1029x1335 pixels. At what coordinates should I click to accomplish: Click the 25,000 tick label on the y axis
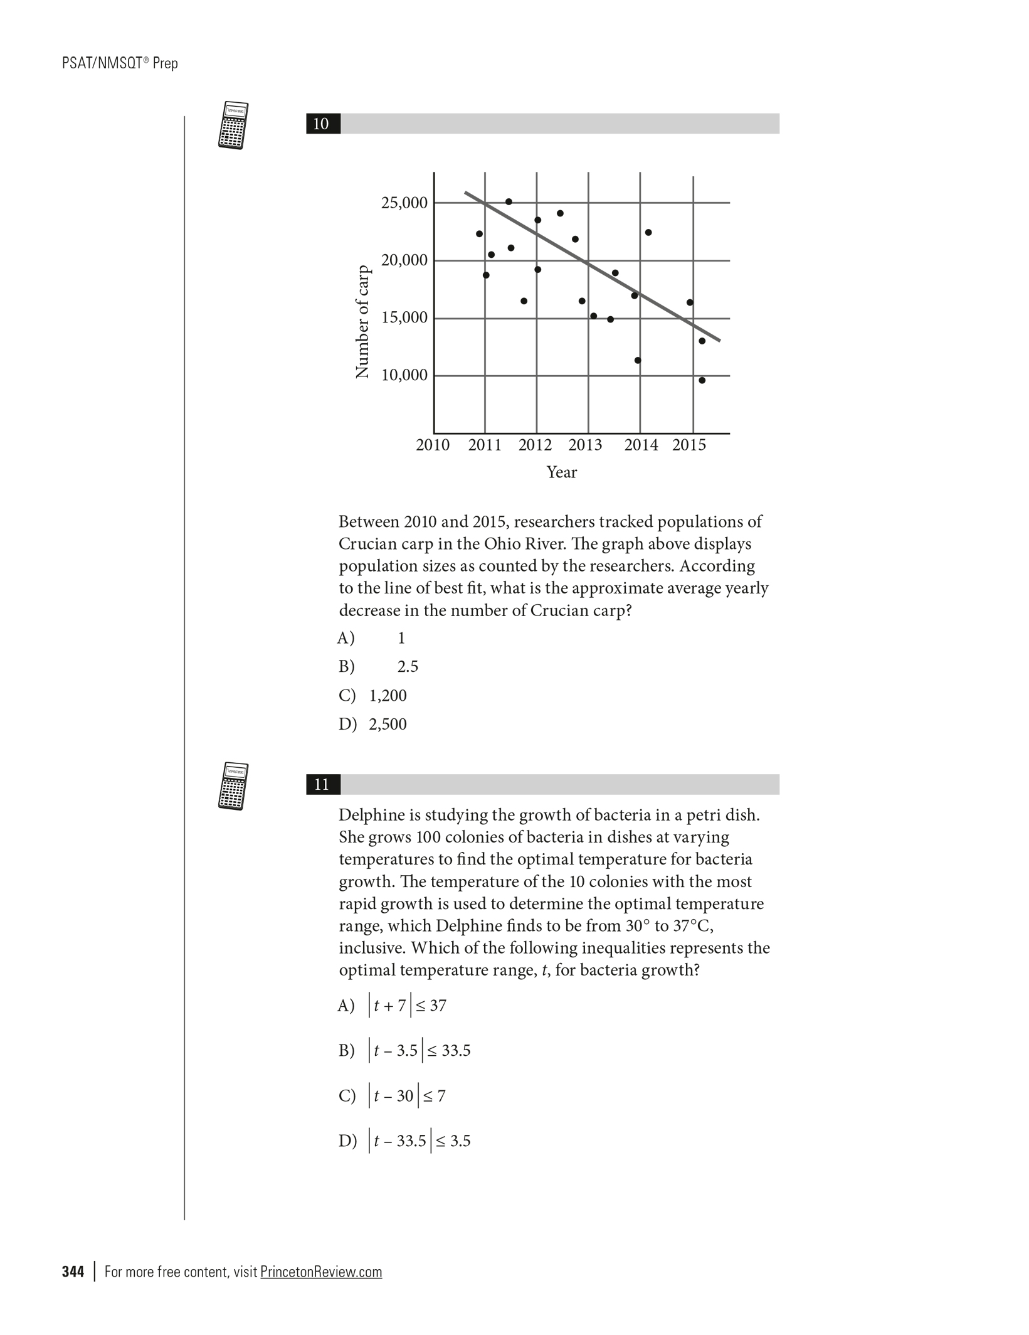(x=404, y=203)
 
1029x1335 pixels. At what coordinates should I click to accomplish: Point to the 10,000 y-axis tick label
(x=404, y=375)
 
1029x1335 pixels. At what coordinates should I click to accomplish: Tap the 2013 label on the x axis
(x=585, y=445)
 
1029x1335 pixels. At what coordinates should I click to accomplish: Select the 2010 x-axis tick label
(x=433, y=445)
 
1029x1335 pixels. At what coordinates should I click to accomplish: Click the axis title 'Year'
(x=561, y=472)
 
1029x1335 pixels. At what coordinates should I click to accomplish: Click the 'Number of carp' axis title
(x=362, y=322)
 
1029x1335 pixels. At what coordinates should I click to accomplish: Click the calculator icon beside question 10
(x=233, y=125)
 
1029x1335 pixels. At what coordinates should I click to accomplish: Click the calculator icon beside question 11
(x=233, y=786)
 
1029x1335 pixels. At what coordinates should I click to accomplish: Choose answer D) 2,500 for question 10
(x=374, y=725)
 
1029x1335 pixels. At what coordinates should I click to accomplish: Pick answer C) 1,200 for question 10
(x=374, y=696)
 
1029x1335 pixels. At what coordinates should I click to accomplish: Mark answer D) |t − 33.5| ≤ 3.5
(x=405, y=1141)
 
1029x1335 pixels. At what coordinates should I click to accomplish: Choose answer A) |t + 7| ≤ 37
(x=393, y=1006)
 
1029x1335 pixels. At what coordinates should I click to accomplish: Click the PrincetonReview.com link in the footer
(x=320, y=1272)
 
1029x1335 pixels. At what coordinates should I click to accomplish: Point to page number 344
(x=73, y=1272)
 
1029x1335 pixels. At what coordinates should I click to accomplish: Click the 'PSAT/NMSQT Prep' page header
(x=120, y=63)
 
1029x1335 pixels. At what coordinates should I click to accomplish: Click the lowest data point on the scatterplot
(x=702, y=380)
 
